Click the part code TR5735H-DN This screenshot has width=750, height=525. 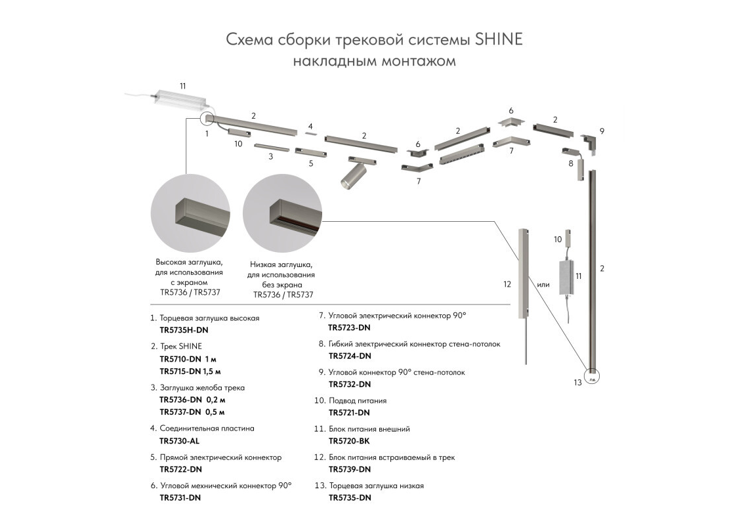(184, 330)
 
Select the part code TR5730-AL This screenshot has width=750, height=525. (179, 441)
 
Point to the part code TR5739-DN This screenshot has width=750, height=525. (350, 469)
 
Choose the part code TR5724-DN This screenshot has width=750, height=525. (350, 356)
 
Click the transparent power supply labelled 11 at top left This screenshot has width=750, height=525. (179, 100)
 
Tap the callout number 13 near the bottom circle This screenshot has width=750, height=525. (577, 383)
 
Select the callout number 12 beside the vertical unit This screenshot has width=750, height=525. (507, 285)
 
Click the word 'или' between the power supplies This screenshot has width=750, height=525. (543, 285)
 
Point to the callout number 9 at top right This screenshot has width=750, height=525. (602, 131)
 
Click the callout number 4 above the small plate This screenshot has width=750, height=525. (310, 126)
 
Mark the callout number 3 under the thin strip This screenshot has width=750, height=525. (270, 157)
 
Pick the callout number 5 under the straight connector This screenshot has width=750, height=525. (311, 163)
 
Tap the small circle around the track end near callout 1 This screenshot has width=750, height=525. (207, 119)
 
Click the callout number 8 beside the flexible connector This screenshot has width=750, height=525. (571, 163)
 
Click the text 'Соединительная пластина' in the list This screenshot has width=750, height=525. (207, 428)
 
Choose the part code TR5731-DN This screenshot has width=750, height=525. (180, 497)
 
